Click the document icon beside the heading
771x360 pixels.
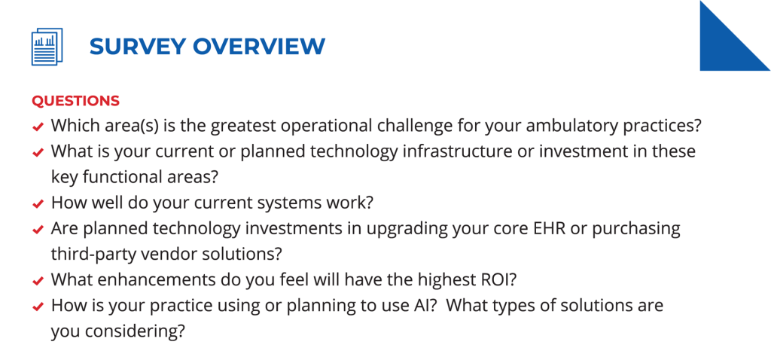pos(47,46)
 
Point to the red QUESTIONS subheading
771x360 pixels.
pos(76,102)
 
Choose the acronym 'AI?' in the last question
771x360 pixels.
pos(422,305)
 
